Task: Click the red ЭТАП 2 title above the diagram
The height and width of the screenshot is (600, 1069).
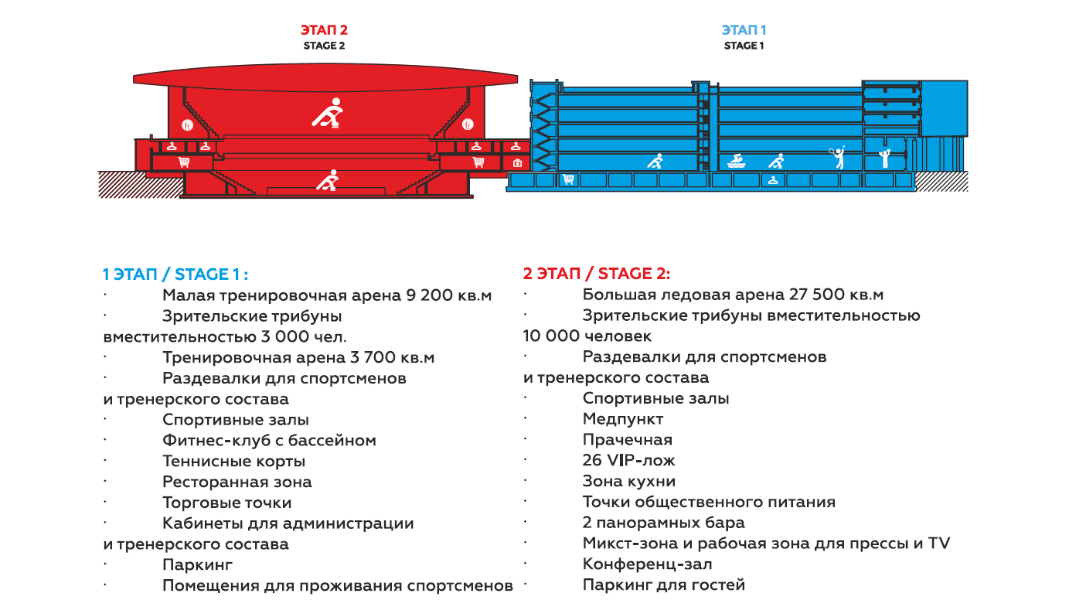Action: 324,30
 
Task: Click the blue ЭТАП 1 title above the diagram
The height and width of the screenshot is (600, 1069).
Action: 744,30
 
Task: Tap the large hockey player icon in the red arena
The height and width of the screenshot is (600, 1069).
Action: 328,113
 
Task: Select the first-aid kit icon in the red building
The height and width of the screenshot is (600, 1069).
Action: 517,163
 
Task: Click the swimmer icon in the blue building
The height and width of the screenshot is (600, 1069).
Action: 737,162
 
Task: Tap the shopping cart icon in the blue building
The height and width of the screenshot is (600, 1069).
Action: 568,179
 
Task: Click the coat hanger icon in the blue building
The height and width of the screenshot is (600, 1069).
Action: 773,180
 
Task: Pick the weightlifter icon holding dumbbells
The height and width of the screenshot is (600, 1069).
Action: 885,158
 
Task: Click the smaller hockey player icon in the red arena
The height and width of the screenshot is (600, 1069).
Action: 328,180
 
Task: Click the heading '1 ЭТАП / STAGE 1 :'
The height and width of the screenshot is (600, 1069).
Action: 175,274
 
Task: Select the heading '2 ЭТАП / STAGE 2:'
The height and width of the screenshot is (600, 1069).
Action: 597,274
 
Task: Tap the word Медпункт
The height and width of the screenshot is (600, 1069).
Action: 623,419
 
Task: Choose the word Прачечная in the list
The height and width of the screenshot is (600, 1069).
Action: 628,440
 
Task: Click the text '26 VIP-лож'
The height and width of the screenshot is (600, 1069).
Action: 628,460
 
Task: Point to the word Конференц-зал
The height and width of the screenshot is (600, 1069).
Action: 647,564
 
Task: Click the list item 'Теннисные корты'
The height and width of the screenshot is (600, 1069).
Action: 234,461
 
